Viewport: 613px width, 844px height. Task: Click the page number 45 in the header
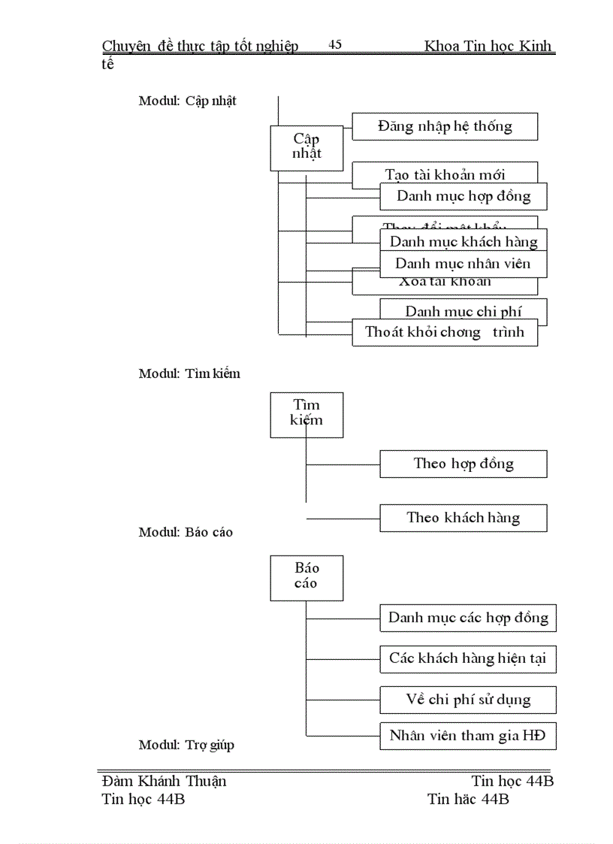click(x=335, y=45)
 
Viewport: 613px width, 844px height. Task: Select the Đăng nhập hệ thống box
click(x=445, y=126)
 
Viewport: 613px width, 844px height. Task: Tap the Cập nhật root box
click(x=306, y=147)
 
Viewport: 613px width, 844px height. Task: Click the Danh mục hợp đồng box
click(x=463, y=197)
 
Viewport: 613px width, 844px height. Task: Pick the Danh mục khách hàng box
click(x=463, y=241)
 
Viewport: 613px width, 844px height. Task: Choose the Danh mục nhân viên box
click(x=463, y=264)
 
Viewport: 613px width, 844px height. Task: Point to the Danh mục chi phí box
click(x=463, y=310)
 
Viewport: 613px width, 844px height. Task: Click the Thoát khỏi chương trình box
click(x=445, y=332)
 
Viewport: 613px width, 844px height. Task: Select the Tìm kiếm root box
click(x=306, y=414)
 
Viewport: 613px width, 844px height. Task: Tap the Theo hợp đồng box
click(x=463, y=464)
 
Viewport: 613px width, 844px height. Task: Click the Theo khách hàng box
click(x=463, y=518)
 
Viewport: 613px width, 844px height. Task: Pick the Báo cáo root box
click(x=306, y=577)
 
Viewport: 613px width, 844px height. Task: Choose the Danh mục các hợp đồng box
click(x=468, y=619)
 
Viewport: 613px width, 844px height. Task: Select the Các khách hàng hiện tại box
click(x=468, y=659)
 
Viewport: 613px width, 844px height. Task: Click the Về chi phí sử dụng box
click(x=468, y=700)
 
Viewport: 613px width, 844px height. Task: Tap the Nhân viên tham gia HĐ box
click(x=468, y=736)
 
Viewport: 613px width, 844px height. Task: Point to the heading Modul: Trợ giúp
click(x=186, y=746)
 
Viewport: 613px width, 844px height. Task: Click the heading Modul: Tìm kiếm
click(x=189, y=374)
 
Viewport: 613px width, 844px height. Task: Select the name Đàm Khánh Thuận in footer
click(x=164, y=781)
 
